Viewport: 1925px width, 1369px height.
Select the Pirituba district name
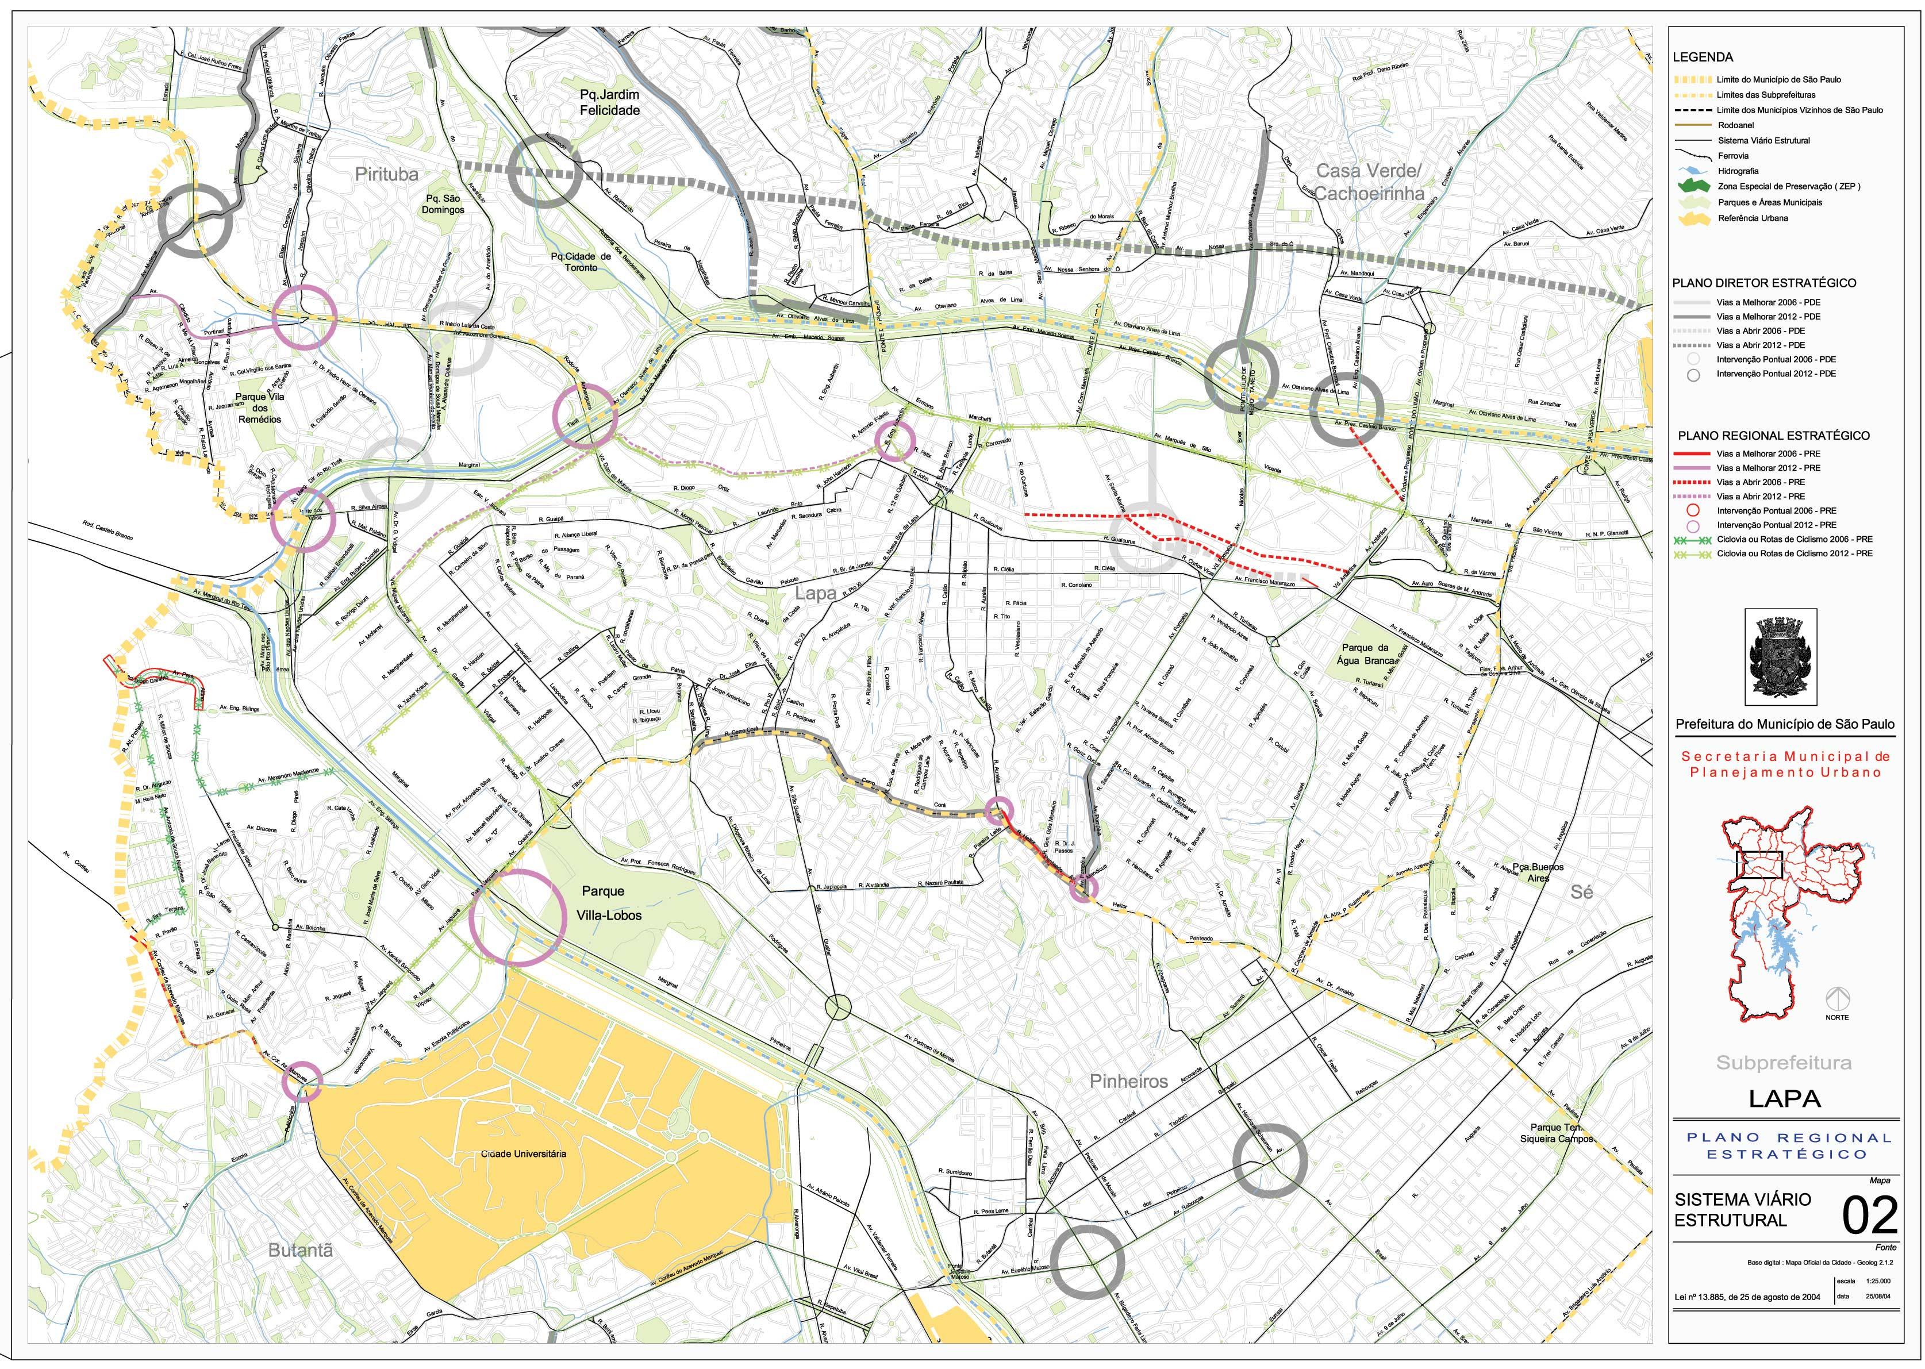[x=386, y=175]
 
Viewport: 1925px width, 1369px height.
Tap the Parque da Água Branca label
[x=1365, y=653]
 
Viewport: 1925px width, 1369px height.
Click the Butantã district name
[x=300, y=1250]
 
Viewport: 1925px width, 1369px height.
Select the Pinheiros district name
[x=1128, y=1080]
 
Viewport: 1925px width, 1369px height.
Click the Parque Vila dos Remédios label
[x=260, y=407]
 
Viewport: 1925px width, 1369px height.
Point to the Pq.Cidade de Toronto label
[x=581, y=262]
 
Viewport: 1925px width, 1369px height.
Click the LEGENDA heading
[x=1703, y=57]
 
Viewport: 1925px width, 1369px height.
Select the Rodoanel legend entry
[x=1735, y=125]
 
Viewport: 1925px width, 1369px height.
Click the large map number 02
[x=1869, y=1216]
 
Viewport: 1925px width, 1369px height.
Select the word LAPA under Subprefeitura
[x=1784, y=1098]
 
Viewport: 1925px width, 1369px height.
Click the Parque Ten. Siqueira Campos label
[x=1557, y=1132]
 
